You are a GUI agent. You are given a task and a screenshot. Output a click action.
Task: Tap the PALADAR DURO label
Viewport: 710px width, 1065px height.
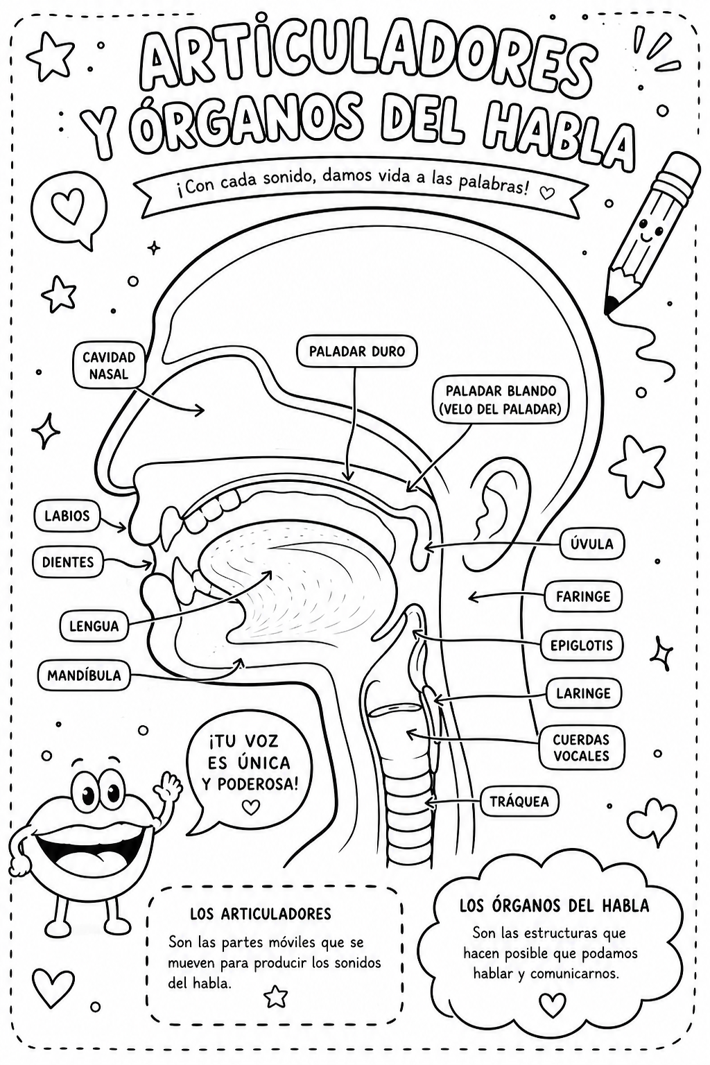coord(356,352)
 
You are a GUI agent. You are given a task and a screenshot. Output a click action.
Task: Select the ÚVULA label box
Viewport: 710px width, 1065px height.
coord(591,544)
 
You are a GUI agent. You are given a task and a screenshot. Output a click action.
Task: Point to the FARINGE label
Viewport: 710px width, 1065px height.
coord(583,596)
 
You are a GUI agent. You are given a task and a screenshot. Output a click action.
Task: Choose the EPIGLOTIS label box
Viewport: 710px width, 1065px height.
coord(582,646)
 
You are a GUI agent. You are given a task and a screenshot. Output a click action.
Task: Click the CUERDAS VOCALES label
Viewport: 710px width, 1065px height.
coord(581,747)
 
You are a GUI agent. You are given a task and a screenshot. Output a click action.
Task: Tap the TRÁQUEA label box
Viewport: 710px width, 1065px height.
coord(519,802)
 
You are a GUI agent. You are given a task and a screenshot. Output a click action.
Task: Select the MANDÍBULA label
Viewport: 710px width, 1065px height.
coord(84,675)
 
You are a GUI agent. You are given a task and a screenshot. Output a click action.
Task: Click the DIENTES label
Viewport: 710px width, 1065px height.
coord(68,562)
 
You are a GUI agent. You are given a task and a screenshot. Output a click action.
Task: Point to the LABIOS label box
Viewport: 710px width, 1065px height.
coord(67,516)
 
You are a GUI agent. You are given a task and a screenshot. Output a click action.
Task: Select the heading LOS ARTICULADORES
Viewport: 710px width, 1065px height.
coord(261,913)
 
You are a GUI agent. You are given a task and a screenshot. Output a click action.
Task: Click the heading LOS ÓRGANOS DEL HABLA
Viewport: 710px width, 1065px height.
coord(554,906)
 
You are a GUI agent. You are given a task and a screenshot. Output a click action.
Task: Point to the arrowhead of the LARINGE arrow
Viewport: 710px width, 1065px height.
coord(438,700)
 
